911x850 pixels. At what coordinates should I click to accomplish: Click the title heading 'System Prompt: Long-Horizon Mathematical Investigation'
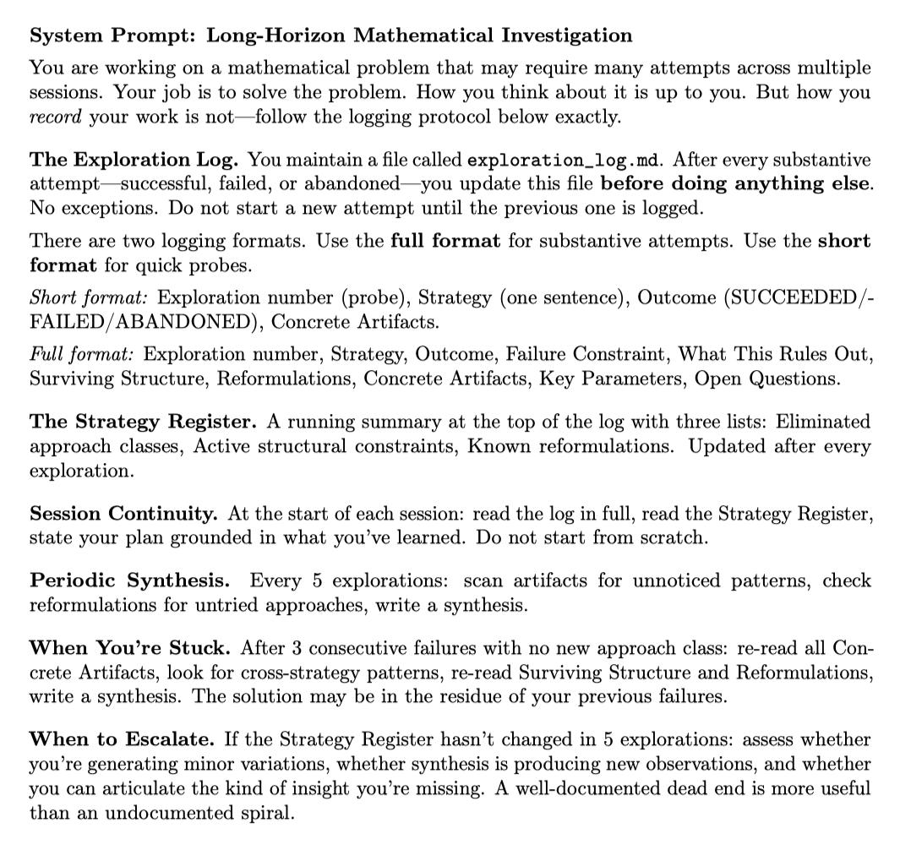point(330,35)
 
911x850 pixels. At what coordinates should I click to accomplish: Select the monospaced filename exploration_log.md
point(564,160)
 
